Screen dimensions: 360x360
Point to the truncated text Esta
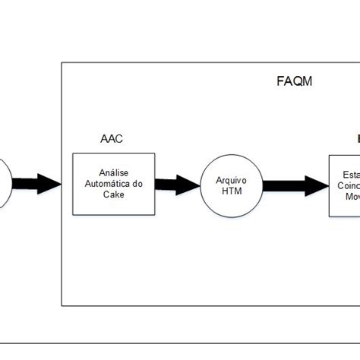342,172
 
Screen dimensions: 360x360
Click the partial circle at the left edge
4,183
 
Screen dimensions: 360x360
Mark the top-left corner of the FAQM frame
62,63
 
